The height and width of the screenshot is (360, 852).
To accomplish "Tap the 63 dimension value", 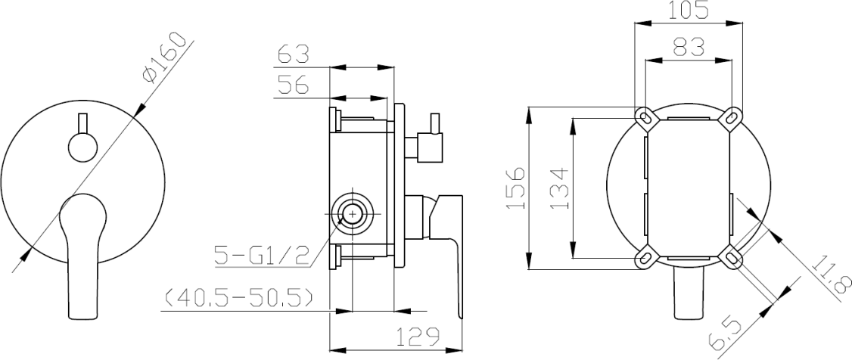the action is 294,55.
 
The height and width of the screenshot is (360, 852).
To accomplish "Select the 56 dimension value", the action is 293,85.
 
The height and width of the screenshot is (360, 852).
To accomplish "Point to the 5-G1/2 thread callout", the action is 262,255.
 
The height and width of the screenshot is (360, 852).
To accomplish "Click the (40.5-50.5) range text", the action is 238,298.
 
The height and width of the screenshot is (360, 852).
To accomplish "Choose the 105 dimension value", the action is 688,11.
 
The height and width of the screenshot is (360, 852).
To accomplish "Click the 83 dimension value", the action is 688,47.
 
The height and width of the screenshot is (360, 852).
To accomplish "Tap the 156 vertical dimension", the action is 515,188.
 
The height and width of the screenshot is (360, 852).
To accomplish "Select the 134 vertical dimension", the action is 559,188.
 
